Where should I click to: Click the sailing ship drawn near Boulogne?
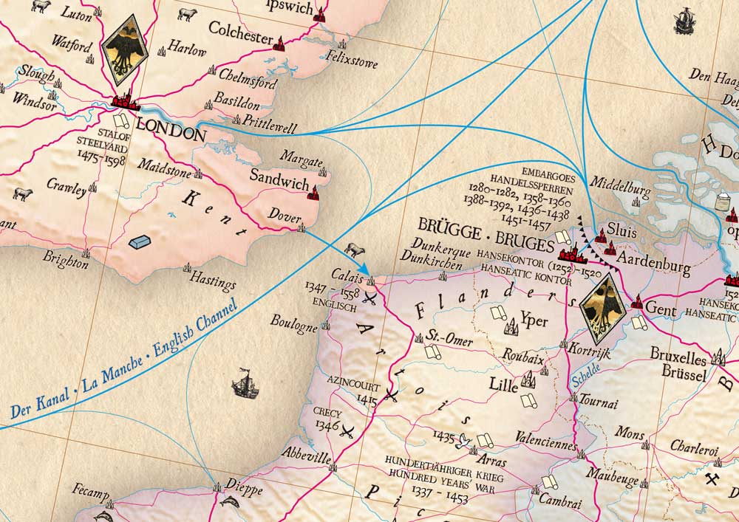[245, 382]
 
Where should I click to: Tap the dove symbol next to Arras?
[465, 442]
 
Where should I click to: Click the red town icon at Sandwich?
[313, 194]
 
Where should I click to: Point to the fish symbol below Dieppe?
[230, 503]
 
